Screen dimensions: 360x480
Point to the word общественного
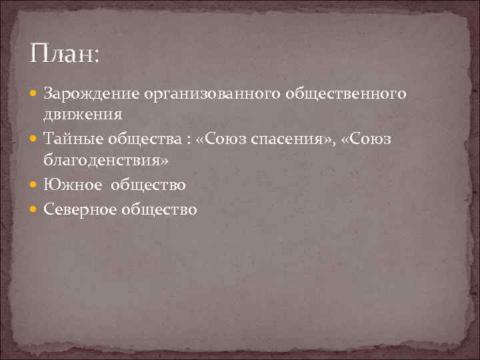click(x=345, y=95)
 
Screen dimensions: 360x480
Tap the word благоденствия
click(x=105, y=161)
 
